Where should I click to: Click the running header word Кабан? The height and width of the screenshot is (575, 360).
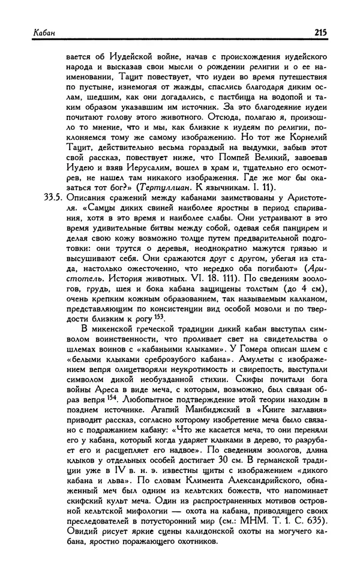pyautogui.click(x=28, y=33)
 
